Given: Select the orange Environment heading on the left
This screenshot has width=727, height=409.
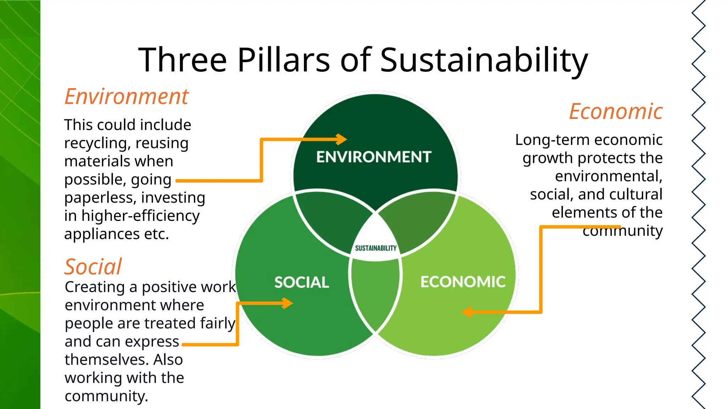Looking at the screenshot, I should point(127,97).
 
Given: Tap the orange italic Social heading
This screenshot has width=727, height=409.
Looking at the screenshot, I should point(93,267).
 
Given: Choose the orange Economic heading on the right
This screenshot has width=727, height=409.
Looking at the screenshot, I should point(616,111).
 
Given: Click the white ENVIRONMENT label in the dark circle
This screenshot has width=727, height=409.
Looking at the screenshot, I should point(374,157).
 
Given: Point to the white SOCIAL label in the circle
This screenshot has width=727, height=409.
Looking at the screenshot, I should point(302,282).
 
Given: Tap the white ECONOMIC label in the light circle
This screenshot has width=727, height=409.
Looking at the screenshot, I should point(463,282).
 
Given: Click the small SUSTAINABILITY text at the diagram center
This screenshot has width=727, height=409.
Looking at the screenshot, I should point(376,248).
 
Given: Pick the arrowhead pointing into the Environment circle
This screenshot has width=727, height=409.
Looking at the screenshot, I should point(342,139).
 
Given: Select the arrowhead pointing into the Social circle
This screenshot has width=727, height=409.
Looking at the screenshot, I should point(288,303).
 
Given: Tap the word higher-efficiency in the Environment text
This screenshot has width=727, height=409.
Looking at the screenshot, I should point(141,216).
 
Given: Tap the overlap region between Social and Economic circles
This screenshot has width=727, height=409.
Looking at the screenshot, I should point(375,295).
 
